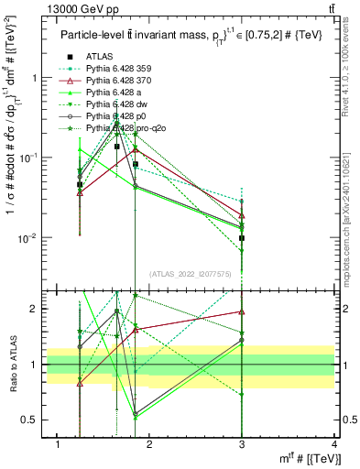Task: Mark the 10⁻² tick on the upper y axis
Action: tap(27, 238)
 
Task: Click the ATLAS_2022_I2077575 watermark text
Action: tap(191, 274)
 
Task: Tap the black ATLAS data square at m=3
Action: tap(243, 238)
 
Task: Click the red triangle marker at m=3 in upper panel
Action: tap(243, 216)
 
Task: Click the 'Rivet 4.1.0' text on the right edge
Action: tap(353, 73)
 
